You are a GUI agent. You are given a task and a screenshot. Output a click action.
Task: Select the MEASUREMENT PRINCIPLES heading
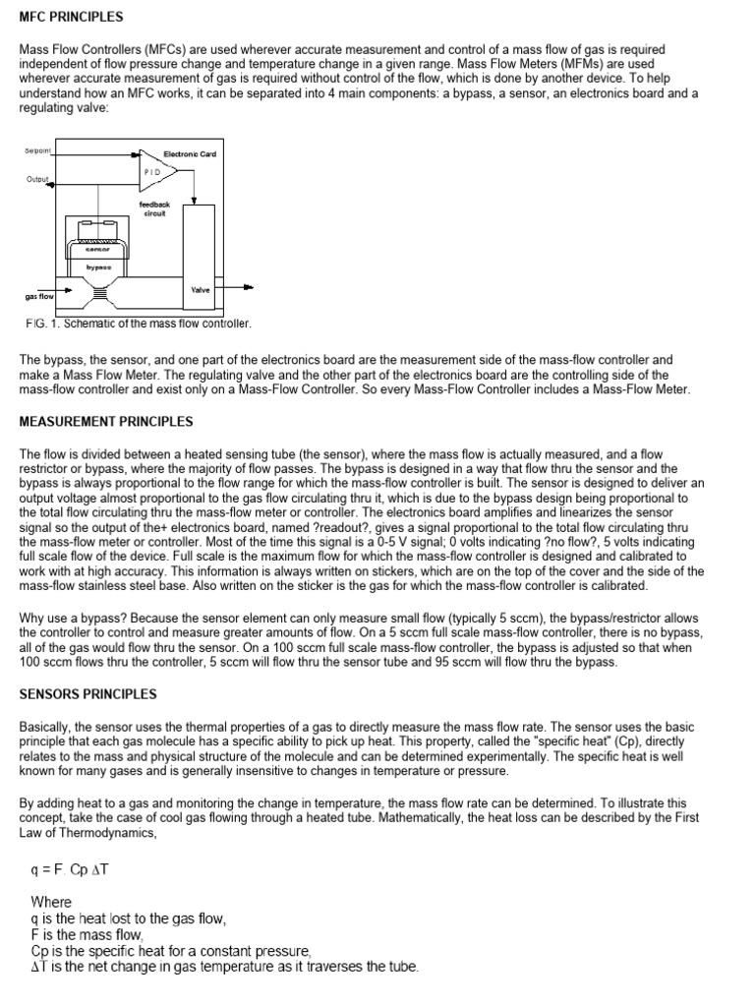click(x=106, y=422)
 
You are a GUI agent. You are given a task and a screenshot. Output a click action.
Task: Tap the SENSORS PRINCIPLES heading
click(x=87, y=693)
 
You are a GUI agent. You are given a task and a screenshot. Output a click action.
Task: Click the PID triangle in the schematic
click(x=156, y=170)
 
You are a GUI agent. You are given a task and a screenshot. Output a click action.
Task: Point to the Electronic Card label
click(x=190, y=153)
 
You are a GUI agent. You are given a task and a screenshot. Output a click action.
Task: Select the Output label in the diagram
click(x=36, y=179)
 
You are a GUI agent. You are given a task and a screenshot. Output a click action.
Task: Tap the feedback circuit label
click(x=154, y=208)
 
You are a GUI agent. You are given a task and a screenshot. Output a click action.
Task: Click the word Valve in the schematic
click(x=202, y=289)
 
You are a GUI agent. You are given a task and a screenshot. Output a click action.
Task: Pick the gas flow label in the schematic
click(x=38, y=295)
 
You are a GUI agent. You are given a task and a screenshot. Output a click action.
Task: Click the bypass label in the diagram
click(x=98, y=267)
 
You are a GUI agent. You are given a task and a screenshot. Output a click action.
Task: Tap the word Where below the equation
click(x=51, y=901)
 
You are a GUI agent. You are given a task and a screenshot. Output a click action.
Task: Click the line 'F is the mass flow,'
click(x=87, y=934)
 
